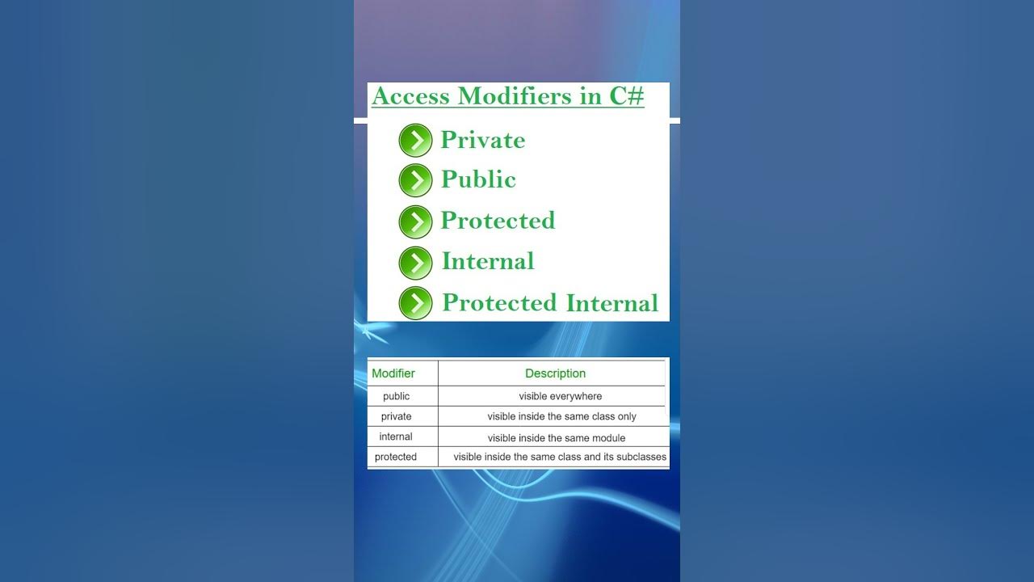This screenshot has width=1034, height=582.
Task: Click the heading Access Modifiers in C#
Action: click(507, 96)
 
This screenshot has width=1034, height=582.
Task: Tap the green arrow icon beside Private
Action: click(415, 141)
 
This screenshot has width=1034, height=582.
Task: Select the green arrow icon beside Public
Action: click(415, 180)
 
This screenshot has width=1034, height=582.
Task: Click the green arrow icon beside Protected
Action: click(415, 221)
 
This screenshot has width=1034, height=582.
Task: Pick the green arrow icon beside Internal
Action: click(415, 263)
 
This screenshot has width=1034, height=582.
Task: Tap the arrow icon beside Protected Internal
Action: click(415, 303)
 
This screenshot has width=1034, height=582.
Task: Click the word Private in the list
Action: click(482, 141)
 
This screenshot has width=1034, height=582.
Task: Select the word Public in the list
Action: click(478, 179)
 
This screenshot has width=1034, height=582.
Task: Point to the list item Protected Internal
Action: click(550, 303)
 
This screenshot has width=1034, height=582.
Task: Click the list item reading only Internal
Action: click(488, 262)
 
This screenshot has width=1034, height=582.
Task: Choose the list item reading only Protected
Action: click(498, 221)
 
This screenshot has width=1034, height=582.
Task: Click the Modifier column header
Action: click(393, 373)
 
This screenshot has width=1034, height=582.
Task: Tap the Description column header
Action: click(555, 373)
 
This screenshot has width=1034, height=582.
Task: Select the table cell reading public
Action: click(396, 396)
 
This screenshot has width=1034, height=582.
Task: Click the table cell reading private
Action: click(396, 416)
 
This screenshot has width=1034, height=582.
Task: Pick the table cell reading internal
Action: click(396, 436)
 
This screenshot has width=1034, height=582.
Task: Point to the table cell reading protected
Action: click(396, 457)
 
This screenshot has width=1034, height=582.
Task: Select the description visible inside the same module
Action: click(556, 437)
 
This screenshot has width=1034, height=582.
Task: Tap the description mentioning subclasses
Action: click(560, 457)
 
